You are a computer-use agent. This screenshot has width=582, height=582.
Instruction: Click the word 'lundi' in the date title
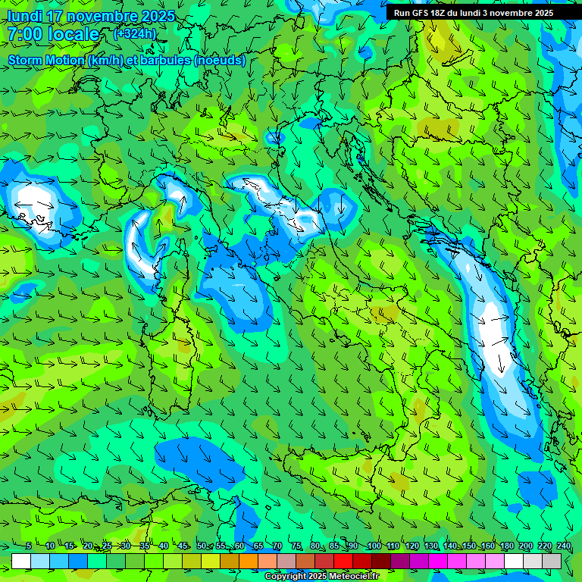25,16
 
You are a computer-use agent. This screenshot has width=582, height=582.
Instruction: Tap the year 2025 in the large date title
157,16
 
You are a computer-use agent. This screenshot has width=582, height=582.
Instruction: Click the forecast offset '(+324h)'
134,34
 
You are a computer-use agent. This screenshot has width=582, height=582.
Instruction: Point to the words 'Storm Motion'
45,60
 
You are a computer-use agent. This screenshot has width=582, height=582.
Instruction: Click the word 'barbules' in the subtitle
166,60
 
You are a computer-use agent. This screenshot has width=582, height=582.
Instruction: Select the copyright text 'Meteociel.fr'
357,577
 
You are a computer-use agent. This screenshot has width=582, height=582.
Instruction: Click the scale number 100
374,546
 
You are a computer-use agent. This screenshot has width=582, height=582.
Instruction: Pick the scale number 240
563,546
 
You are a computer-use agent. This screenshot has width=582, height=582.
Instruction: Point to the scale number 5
29,546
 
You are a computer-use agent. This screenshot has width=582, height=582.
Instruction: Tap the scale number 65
258,546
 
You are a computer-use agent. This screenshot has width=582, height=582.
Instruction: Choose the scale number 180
506,546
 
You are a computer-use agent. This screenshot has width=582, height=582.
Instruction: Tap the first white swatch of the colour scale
21,561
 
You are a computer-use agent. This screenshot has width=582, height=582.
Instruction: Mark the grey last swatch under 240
552,561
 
